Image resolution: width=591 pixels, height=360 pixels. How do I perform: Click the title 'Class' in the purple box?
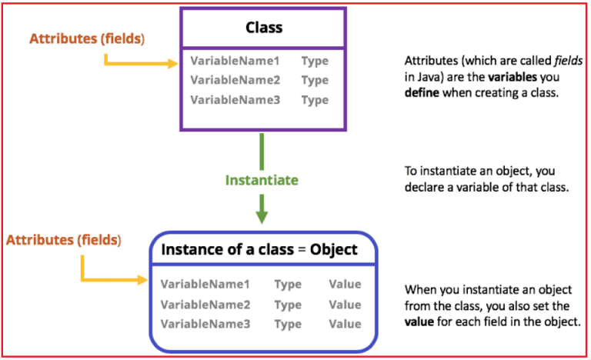[x=264, y=28]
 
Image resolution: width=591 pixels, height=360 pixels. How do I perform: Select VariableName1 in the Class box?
[x=235, y=60]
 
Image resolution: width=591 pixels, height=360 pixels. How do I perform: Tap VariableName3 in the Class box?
[x=235, y=100]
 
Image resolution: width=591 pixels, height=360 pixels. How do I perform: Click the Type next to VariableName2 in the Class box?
[x=315, y=80]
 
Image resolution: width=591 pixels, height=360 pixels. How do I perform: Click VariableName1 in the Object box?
[x=205, y=285]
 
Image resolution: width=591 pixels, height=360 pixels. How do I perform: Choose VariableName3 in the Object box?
[x=205, y=324]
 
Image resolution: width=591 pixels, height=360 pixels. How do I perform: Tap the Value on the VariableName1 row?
[x=345, y=285]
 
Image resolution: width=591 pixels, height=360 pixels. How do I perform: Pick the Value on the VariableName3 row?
[x=345, y=324]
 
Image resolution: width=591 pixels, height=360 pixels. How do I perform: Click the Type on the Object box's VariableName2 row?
[x=288, y=305]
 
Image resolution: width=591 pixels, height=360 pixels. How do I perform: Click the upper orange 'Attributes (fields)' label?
[x=87, y=38]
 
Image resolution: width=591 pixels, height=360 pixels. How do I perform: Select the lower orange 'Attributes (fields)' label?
[x=64, y=240]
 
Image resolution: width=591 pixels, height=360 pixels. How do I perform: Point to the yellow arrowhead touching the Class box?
[x=173, y=65]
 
